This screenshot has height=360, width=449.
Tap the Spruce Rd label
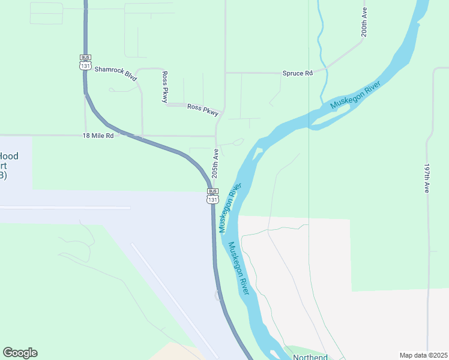(298, 73)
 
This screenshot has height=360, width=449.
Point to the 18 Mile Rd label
(98, 136)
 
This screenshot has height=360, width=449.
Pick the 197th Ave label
(427, 178)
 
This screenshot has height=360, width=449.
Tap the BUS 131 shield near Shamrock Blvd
(85, 62)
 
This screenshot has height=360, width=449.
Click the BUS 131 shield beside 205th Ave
(212, 196)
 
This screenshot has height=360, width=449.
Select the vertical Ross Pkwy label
(164, 87)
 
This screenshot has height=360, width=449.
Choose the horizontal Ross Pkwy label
(202, 108)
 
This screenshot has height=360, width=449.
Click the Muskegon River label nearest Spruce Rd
(355, 95)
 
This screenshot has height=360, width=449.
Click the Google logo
(20, 353)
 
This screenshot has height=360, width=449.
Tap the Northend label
(310, 357)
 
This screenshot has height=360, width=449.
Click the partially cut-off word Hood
(8, 156)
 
